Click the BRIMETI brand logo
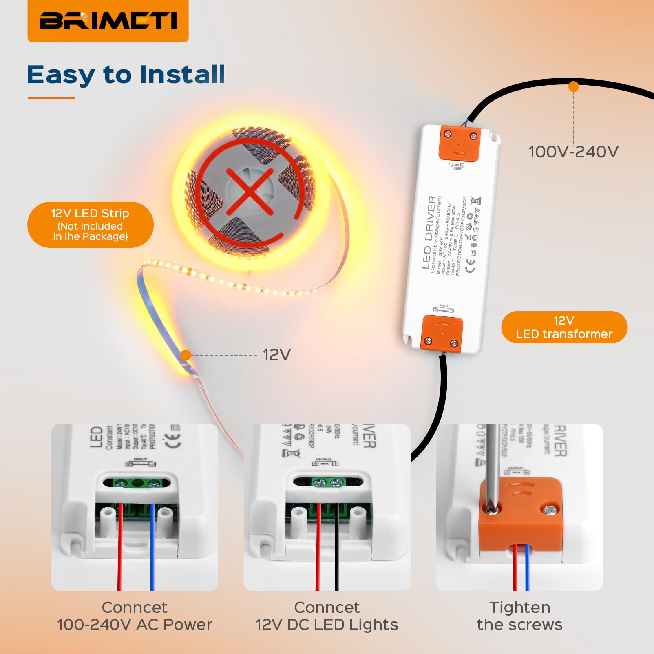[x=108, y=20]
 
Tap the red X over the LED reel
[x=250, y=192]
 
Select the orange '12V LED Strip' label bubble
[x=91, y=225]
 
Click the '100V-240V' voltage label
[x=573, y=152]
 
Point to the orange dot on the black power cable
[x=573, y=86]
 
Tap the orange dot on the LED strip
[x=186, y=355]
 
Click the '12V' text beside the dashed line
[x=276, y=355]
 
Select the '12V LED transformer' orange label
[x=564, y=327]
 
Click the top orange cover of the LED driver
[x=460, y=144]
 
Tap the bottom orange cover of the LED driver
[x=442, y=333]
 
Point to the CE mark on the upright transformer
[x=470, y=265]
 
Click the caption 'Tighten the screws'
[x=519, y=616]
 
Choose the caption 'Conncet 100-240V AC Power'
[x=135, y=616]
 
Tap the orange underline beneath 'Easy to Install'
[x=51, y=98]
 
